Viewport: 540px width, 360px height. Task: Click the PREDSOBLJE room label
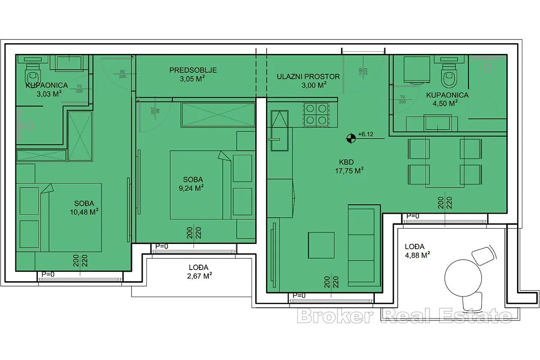click(193, 70)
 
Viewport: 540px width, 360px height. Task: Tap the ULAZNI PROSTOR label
click(308, 76)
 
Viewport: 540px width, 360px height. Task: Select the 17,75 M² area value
click(349, 171)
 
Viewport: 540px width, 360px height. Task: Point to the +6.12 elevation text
click(366, 134)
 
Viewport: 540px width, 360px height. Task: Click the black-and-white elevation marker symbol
click(351, 139)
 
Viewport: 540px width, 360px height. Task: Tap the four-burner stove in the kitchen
click(316, 115)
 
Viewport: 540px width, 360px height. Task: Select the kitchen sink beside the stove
click(279, 130)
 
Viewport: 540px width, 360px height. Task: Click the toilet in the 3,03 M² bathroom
click(33, 75)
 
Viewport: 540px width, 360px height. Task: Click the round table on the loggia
click(463, 278)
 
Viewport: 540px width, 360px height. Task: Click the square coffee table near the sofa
click(321, 245)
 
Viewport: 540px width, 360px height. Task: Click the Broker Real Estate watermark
click(405, 315)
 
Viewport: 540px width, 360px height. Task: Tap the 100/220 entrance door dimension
click(363, 72)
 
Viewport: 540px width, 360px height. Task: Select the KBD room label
click(346, 162)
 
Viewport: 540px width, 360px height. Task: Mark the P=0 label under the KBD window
click(299, 295)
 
